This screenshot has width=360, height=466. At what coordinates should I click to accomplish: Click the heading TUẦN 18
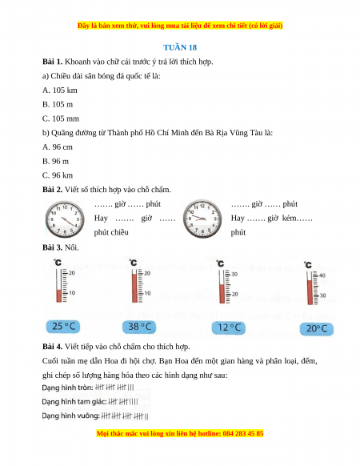click(x=180, y=47)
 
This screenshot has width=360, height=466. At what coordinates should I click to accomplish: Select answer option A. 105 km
click(x=60, y=90)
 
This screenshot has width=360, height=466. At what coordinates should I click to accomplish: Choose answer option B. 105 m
click(x=58, y=104)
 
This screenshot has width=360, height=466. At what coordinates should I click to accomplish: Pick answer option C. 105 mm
click(x=61, y=119)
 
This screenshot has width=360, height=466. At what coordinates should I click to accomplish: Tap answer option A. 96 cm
click(x=58, y=147)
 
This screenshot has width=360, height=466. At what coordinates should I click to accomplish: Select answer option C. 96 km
click(x=58, y=175)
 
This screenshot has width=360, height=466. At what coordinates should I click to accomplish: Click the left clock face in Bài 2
click(x=65, y=219)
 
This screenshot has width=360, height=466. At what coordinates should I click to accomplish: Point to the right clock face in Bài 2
click(x=202, y=219)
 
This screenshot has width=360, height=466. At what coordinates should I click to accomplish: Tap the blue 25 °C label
click(x=63, y=327)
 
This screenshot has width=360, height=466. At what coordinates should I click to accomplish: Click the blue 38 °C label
click(x=139, y=327)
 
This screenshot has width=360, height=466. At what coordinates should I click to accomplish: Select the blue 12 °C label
click(x=229, y=327)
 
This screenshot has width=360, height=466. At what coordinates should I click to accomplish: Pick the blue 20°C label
click(x=317, y=329)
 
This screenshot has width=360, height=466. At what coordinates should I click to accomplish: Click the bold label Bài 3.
click(x=52, y=247)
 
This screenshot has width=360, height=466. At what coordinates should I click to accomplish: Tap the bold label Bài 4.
click(x=52, y=347)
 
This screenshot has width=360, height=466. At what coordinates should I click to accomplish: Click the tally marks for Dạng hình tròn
click(x=114, y=388)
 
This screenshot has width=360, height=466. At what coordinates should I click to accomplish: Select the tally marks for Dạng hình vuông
click(x=125, y=416)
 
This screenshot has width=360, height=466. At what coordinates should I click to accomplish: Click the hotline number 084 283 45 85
click(x=243, y=434)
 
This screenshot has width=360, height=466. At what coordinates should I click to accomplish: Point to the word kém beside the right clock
click(x=290, y=218)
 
